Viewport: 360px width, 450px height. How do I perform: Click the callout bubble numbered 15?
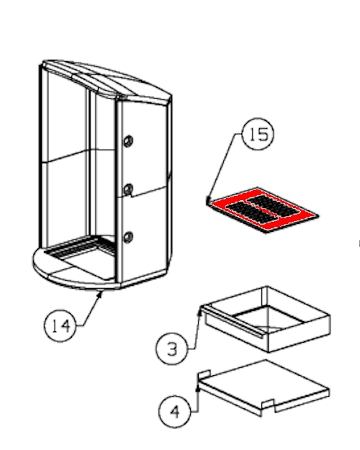tap(258, 134)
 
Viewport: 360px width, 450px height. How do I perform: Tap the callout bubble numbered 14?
tap(60, 325)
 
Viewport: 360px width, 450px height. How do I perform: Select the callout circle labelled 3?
tap(172, 349)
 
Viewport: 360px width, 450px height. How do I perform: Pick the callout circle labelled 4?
tap(174, 412)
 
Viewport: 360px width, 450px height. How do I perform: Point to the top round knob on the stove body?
tap(128, 141)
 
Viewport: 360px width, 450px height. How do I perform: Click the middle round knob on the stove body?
tap(128, 189)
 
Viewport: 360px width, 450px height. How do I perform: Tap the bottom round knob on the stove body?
tap(128, 237)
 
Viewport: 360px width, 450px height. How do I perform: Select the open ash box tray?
tap(267, 319)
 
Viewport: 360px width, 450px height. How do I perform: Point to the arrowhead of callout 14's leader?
tap(100, 294)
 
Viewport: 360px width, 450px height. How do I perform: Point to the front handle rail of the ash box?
tap(232, 322)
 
